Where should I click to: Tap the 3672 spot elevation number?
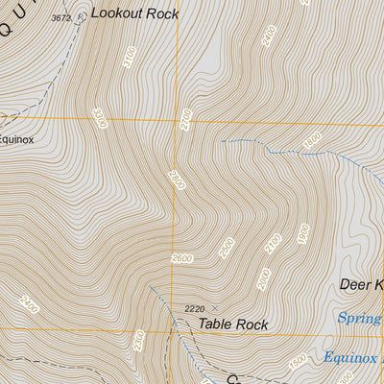click(61, 17)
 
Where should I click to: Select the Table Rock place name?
click(233, 324)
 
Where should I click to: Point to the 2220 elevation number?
click(196, 308)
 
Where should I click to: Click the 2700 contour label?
click(186, 119)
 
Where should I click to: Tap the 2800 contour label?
click(176, 180)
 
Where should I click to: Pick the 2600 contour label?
click(182, 258)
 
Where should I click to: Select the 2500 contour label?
click(227, 248)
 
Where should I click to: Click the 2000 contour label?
click(265, 278)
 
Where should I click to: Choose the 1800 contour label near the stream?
click(311, 140)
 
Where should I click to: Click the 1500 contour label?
click(298, 361)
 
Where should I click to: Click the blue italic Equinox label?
click(352, 358)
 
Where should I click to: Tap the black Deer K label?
click(361, 284)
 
